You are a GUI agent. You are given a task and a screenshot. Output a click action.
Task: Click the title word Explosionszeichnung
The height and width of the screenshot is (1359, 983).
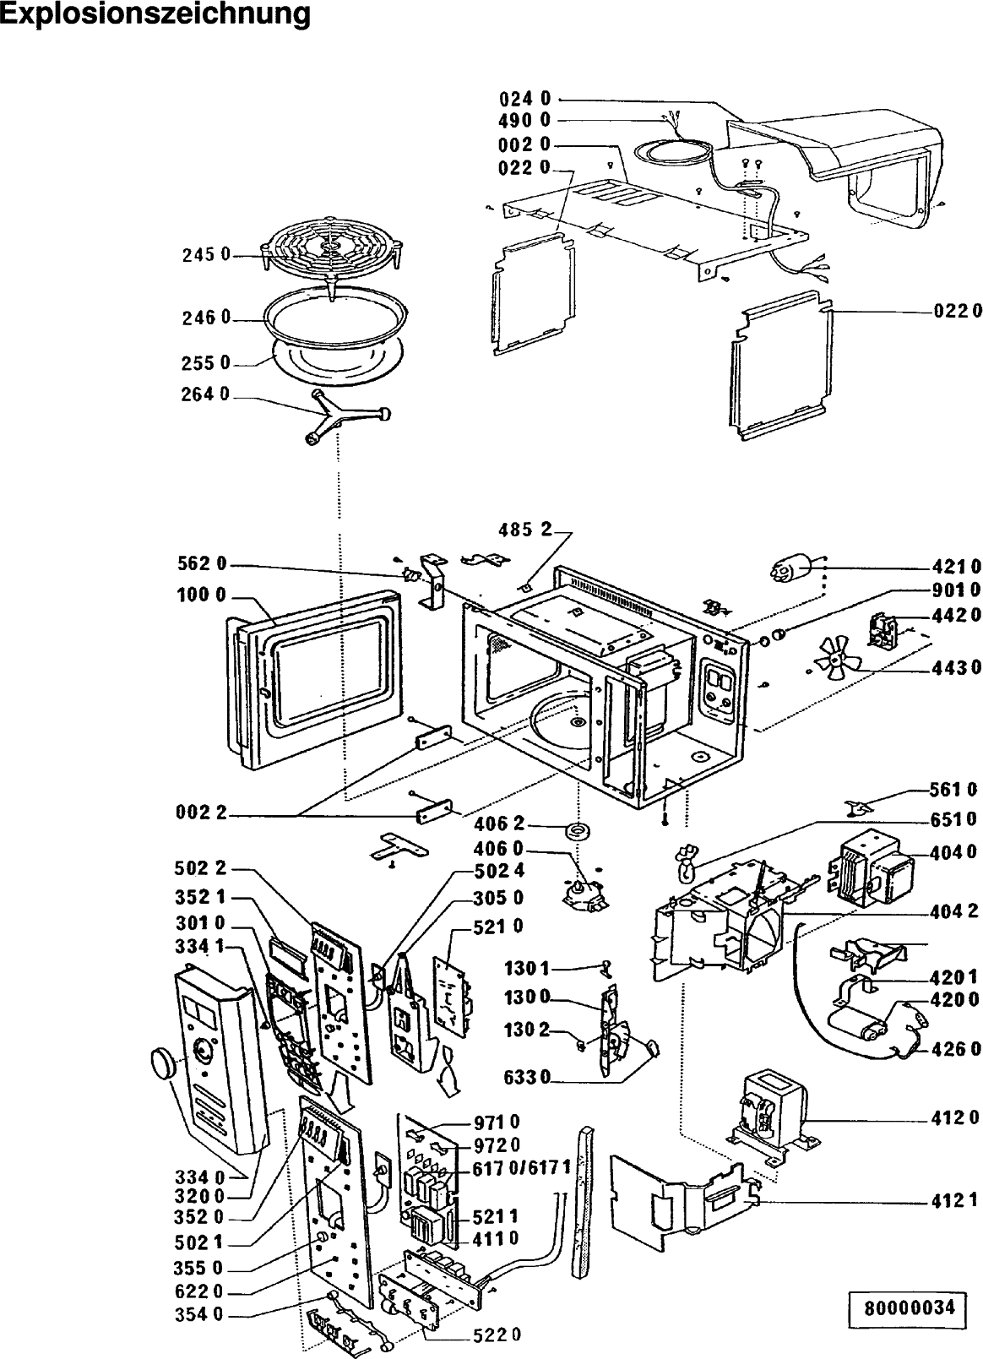(155, 15)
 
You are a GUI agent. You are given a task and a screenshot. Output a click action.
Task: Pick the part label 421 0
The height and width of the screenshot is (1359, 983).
(957, 566)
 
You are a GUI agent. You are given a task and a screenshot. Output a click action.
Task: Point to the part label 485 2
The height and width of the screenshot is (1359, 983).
(523, 530)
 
